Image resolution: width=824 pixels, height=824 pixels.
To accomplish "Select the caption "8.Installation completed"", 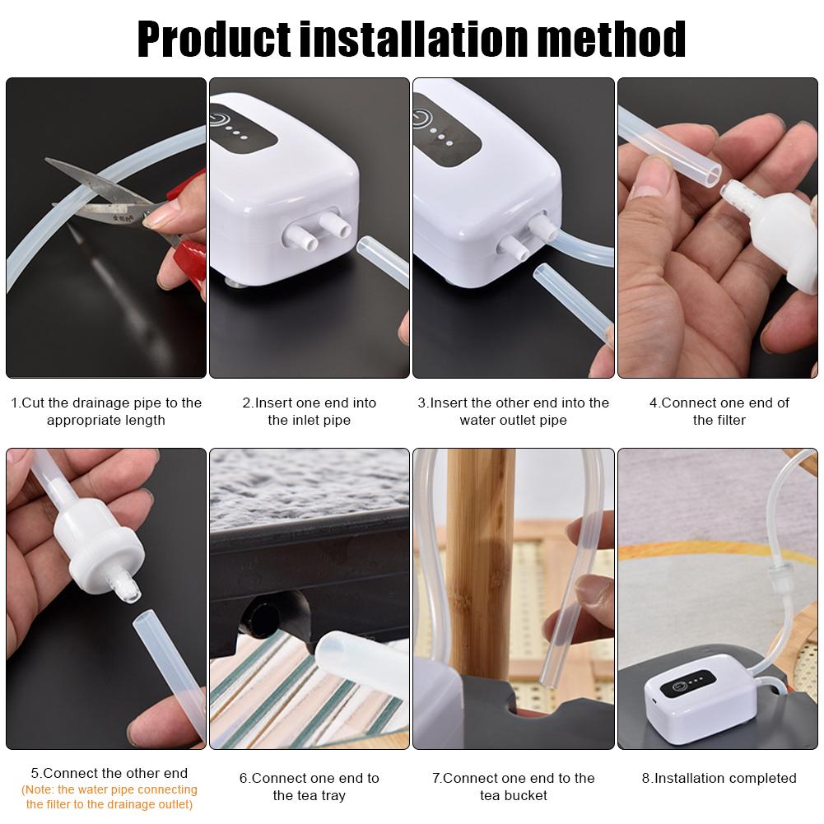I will click(x=719, y=778).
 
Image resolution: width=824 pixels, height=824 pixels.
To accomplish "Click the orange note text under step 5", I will click(x=109, y=797).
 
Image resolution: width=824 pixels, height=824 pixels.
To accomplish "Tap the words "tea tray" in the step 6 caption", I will click(x=309, y=795).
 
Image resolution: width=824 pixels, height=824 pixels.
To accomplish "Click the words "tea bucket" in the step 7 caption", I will click(x=513, y=795).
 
